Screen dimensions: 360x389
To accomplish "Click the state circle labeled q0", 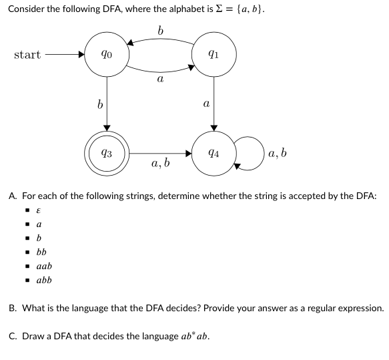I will click(107, 55).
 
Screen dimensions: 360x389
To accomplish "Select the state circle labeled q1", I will click(214, 55).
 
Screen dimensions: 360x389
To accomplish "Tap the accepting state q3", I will click(107, 153).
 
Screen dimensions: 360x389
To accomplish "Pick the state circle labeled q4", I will click(214, 153).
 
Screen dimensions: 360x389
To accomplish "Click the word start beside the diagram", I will click(27, 55).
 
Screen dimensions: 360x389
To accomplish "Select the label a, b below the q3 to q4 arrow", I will click(160, 163).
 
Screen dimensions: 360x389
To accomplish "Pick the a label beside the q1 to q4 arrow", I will click(206, 104).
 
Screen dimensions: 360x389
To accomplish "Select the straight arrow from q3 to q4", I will click(160, 153).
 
